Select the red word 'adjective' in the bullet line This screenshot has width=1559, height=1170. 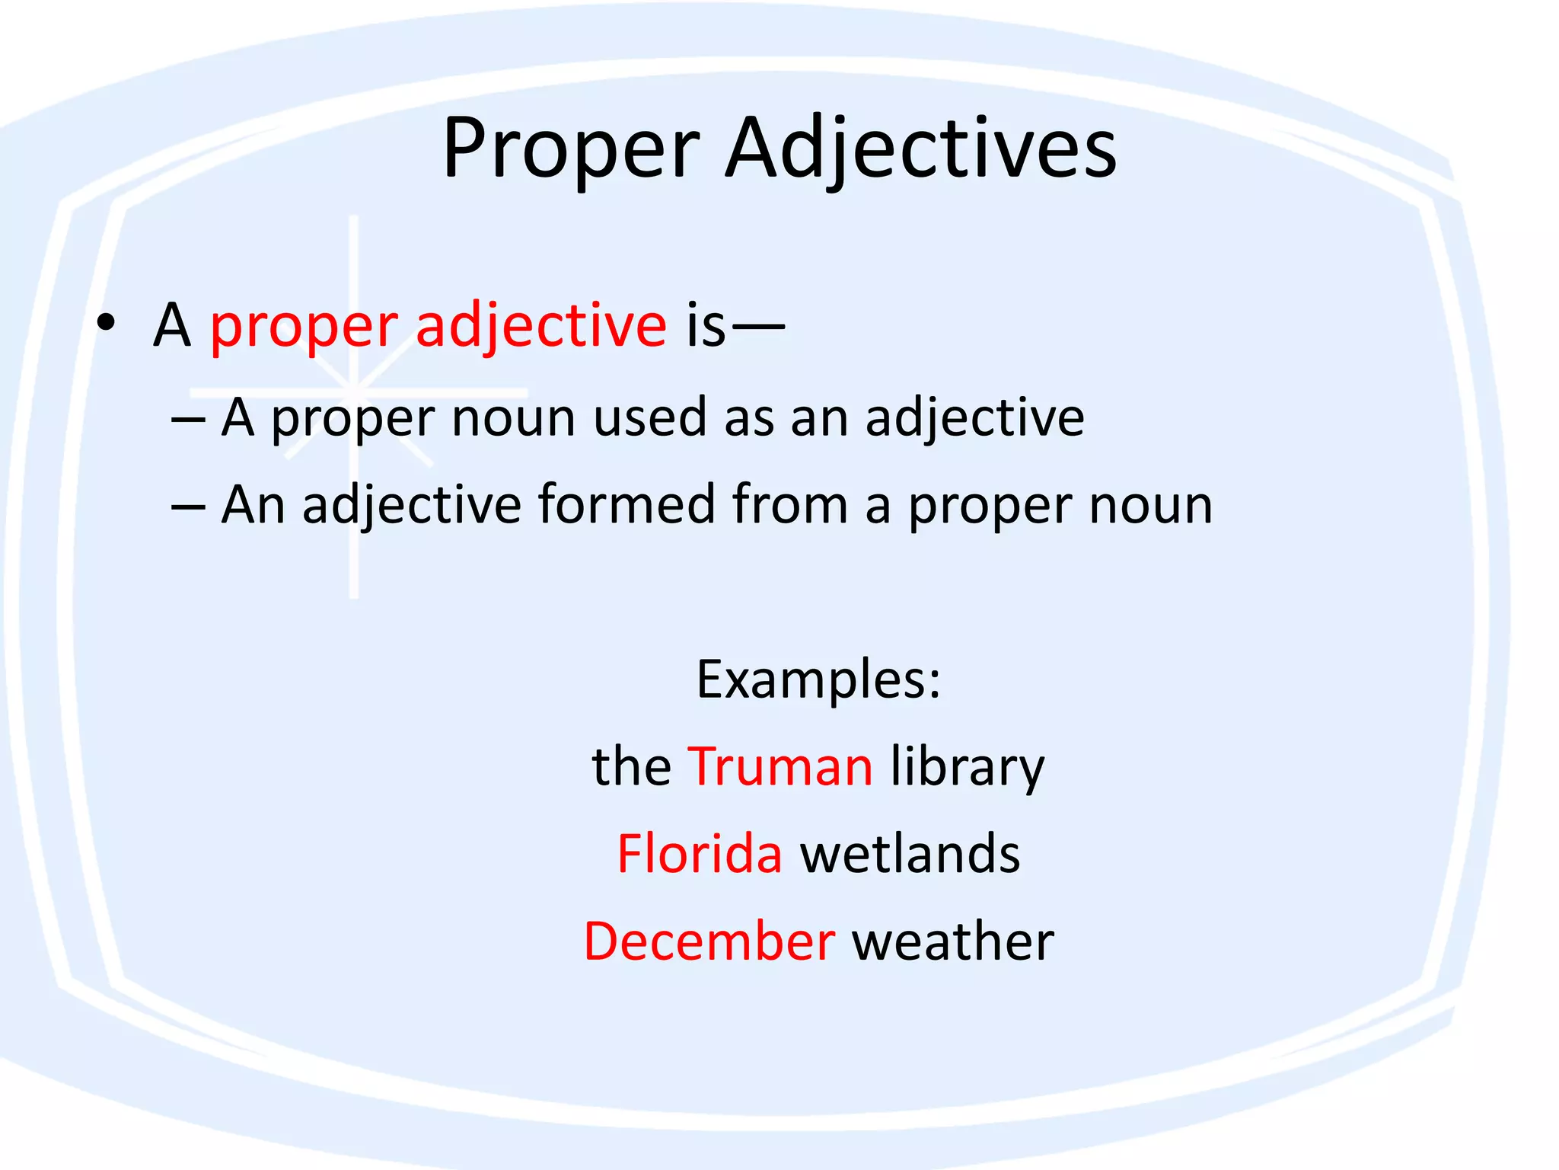541,326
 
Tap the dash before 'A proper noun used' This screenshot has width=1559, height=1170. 188,420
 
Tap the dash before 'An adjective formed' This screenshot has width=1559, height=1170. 188,507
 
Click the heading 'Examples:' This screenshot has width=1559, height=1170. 818,679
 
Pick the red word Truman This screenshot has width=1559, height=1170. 780,766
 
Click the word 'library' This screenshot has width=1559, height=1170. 968,768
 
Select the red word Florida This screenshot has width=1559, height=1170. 700,854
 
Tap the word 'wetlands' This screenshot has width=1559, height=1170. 910,854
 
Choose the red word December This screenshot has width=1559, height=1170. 709,941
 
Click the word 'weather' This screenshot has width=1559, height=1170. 953,941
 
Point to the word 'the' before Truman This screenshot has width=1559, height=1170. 631,766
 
